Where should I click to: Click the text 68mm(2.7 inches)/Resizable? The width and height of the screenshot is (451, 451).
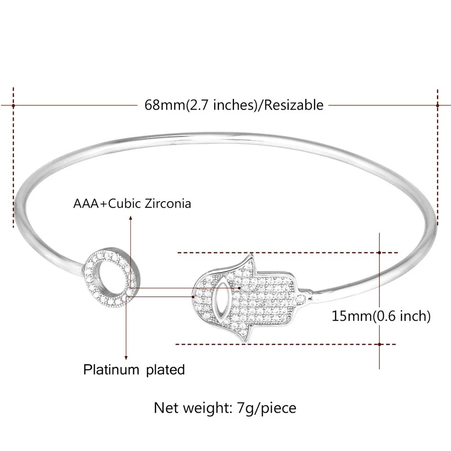point(234,105)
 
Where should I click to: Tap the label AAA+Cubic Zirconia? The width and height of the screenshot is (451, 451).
point(132,203)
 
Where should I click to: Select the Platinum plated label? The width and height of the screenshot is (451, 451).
point(134,370)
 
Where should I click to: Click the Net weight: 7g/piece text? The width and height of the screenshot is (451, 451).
point(225,408)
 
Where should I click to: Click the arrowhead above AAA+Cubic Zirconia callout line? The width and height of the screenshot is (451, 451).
point(131,218)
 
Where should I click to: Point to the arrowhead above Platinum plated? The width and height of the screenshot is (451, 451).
point(126,356)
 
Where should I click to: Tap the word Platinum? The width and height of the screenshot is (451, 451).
point(111,370)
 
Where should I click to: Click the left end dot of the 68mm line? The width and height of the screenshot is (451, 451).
point(14,105)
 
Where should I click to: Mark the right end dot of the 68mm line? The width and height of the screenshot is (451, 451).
point(437,105)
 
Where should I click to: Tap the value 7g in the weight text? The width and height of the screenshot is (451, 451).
point(243,408)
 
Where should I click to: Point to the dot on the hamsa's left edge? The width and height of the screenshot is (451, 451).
point(193,297)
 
